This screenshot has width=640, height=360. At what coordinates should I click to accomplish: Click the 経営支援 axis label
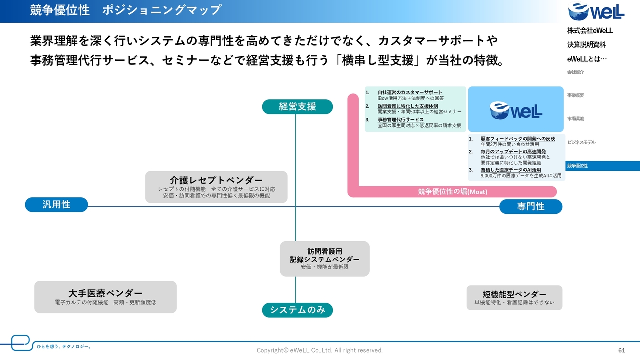297,107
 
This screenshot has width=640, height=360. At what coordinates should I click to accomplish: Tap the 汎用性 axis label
56,205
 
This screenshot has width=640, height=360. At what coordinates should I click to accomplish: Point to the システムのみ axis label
297,310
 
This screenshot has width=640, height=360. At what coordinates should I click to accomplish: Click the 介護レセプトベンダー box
216,187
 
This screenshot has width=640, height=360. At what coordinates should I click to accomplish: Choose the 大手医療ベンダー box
105,297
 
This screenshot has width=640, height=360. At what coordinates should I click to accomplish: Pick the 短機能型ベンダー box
514,298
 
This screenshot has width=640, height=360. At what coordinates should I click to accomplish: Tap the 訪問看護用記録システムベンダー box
325,259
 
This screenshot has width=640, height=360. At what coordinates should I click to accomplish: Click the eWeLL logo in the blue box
515,109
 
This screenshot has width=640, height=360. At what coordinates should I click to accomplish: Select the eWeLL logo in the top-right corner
596,12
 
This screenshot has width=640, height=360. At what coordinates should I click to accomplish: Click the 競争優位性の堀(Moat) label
452,192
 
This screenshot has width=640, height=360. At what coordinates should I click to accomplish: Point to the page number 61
622,350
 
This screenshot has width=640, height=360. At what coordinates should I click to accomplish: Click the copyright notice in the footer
320,351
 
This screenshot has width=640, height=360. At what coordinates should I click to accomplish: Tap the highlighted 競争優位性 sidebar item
578,166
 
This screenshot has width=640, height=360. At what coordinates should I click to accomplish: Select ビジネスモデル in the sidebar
581,142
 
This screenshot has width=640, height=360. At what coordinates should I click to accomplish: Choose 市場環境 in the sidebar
576,119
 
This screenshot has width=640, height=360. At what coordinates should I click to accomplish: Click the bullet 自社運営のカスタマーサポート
410,93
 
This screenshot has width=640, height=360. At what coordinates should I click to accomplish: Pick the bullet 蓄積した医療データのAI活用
511,170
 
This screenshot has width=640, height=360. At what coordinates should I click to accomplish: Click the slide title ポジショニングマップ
162,10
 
